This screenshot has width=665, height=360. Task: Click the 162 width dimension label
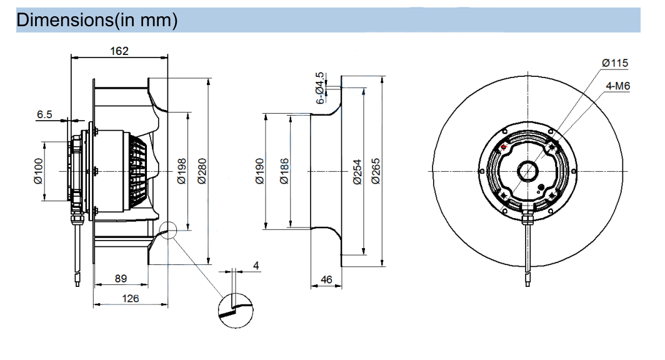tap(119, 51)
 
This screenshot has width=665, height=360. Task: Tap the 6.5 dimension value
tap(44, 114)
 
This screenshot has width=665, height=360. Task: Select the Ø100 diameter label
tap(39, 171)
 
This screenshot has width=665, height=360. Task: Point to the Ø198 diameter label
tap(181, 171)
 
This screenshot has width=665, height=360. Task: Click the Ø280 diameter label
tap(202, 171)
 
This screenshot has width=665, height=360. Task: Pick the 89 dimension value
tap(121, 279)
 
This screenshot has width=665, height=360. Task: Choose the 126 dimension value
tap(130, 299)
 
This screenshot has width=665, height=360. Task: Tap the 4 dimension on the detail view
tap(256, 266)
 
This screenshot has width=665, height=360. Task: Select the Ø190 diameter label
tap(260, 171)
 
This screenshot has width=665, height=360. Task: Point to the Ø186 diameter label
tap(284, 171)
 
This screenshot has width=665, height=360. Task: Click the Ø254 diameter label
tap(357, 172)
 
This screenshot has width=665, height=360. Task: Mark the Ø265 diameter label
tap(376, 171)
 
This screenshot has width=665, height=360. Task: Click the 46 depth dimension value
tap(326, 280)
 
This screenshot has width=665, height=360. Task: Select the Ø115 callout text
tap(615, 63)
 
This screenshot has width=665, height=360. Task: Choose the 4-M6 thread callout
tap(618, 86)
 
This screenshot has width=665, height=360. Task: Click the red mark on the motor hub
tap(504, 147)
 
